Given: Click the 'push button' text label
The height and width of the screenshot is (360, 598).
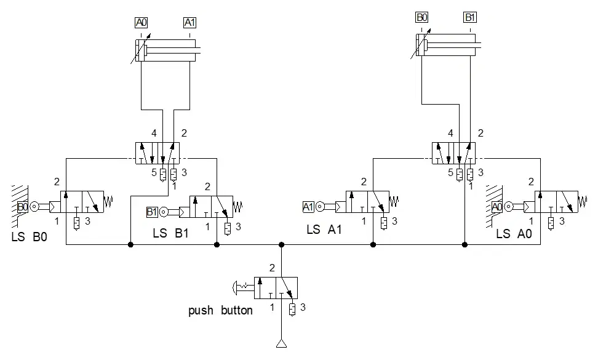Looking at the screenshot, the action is point(220,310).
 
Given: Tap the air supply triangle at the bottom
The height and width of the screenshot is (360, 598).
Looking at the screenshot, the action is point(281,343).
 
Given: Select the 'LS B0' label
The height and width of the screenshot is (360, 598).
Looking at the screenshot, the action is point(30,237).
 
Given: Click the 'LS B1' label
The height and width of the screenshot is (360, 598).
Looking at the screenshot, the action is point(171,233).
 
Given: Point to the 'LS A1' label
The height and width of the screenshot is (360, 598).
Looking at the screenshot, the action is point(324,230).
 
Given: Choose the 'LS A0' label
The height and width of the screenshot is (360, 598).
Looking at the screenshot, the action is point(514,233).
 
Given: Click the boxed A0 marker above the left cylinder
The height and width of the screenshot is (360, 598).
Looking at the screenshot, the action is point(141,23).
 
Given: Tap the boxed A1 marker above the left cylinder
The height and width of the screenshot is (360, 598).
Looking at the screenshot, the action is point(189,23).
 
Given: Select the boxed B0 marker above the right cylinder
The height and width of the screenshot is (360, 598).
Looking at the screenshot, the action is point(422,17).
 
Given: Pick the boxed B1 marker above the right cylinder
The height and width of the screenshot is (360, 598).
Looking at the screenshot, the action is point(470,17).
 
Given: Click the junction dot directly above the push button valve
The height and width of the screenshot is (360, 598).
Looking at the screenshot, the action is point(281,244).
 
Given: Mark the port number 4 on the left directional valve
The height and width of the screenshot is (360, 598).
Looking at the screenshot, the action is point(154,133).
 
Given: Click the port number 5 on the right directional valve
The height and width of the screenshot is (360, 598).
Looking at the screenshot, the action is point(450,173).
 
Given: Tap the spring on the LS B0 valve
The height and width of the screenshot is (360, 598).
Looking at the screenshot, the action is point(108,201).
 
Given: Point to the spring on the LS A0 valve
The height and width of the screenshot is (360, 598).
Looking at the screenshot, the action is point(583,201).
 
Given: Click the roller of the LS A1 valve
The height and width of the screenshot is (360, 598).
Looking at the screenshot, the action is point(320,207).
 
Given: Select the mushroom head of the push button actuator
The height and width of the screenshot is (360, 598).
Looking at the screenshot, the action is point(235,288).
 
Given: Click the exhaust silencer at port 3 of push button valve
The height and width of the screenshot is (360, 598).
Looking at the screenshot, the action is point(292,310).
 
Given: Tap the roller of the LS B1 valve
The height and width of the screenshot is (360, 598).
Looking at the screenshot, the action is point(164,212).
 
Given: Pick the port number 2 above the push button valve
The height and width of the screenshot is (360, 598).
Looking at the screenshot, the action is point(272,268).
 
